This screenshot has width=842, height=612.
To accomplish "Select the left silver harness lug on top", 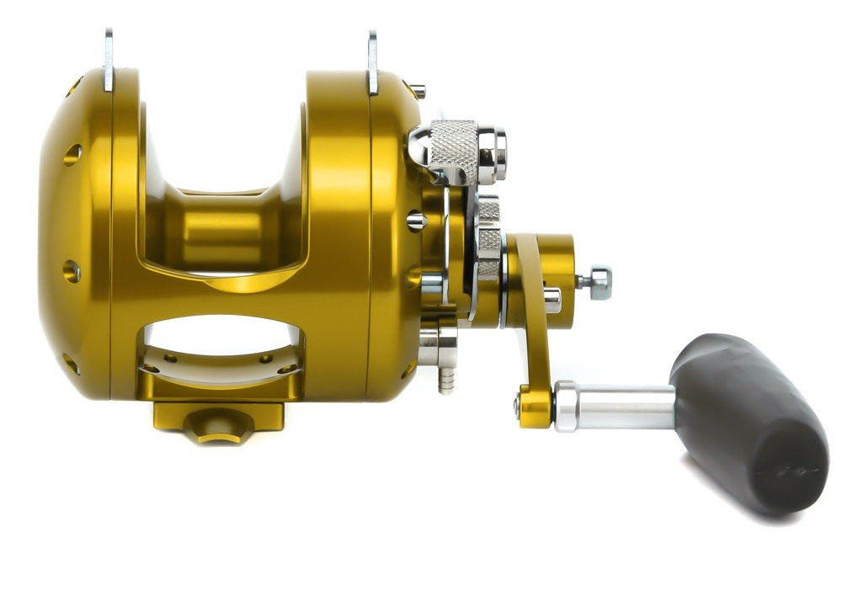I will [x=109, y=61].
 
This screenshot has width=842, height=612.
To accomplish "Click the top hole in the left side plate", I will [x=73, y=154].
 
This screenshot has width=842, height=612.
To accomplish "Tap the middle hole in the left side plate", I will [x=72, y=271].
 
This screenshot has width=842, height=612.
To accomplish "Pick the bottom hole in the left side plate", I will [x=72, y=364].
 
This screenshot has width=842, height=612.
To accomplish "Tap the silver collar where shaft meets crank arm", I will [x=564, y=405].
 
